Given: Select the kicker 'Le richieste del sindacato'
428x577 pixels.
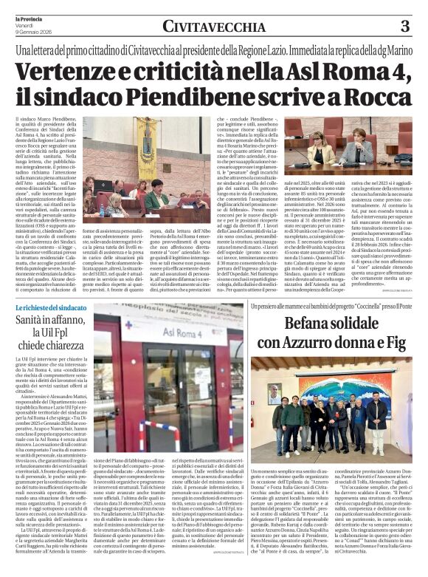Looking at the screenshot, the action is pos(49,306).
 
